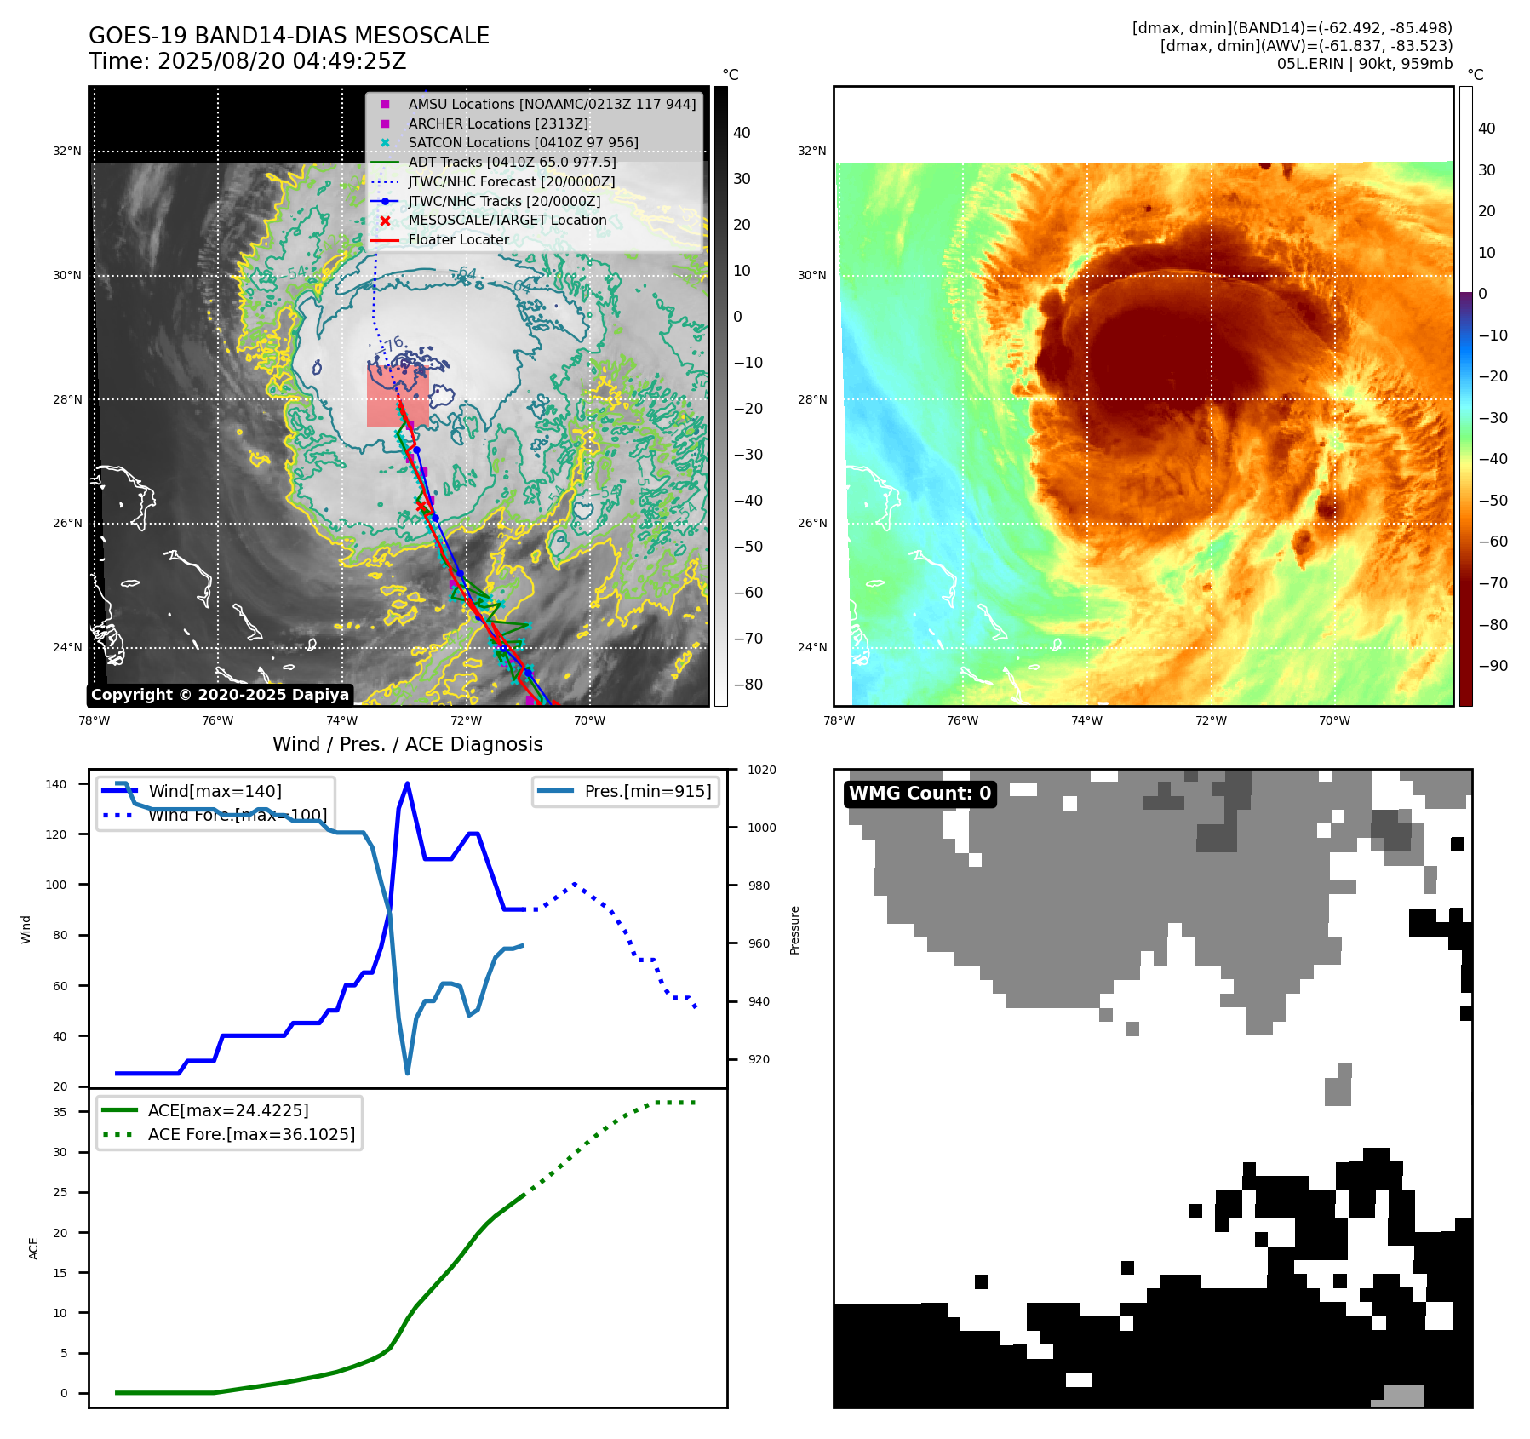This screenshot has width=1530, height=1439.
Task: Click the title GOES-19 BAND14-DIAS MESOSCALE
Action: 289,36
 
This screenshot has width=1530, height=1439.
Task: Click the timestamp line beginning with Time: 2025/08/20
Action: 247,61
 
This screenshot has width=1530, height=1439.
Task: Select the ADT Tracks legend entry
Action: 512,162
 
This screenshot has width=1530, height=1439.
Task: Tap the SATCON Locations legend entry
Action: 523,142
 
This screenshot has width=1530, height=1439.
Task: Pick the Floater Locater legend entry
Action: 458,239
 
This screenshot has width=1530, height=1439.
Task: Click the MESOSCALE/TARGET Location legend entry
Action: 507,220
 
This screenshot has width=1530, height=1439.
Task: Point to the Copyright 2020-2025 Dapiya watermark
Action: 220,695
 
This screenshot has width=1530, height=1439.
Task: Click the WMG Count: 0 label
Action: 920,794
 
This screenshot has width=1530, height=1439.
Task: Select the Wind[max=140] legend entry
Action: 215,791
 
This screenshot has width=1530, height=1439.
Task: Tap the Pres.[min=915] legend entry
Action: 647,791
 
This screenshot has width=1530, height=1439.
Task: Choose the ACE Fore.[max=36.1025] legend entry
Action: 251,1134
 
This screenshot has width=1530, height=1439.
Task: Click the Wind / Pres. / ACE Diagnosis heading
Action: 407,744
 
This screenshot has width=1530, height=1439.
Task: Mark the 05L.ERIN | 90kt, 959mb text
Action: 1364,64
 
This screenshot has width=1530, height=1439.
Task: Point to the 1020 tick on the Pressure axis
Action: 761,771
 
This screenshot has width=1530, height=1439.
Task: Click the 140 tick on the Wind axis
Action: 56,784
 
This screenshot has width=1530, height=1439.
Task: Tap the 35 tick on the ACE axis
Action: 60,1112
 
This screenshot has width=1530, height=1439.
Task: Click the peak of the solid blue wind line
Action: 407,783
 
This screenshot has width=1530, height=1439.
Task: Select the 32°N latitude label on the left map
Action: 67,152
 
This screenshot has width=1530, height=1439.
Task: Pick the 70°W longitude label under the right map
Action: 1333,720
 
